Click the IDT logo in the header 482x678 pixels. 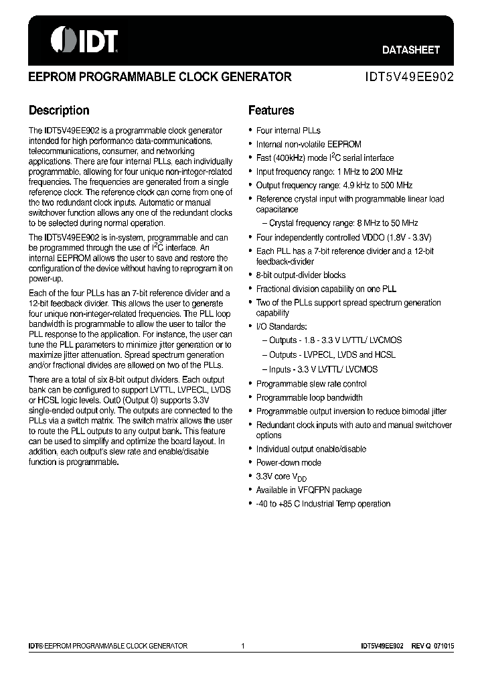84,40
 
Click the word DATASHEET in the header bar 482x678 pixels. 410,50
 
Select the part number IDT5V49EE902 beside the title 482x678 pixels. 409,77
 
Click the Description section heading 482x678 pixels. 59,111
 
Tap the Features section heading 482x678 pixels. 271,111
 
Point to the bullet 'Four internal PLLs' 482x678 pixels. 288,131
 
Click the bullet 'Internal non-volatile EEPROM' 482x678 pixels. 309,144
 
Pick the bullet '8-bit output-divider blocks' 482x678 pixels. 301,275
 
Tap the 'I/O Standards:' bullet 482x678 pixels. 282,326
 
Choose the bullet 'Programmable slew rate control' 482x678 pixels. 311,384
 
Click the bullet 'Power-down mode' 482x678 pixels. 289,463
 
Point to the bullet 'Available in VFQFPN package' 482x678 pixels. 309,490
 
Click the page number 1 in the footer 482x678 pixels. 242,646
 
